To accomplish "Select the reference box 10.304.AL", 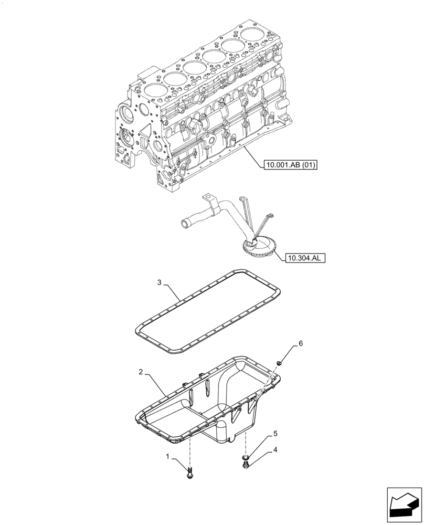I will coord(305,258).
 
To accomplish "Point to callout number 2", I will coord(141,372).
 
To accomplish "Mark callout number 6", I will coord(301,343).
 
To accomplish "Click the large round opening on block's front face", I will coord(125,113).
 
